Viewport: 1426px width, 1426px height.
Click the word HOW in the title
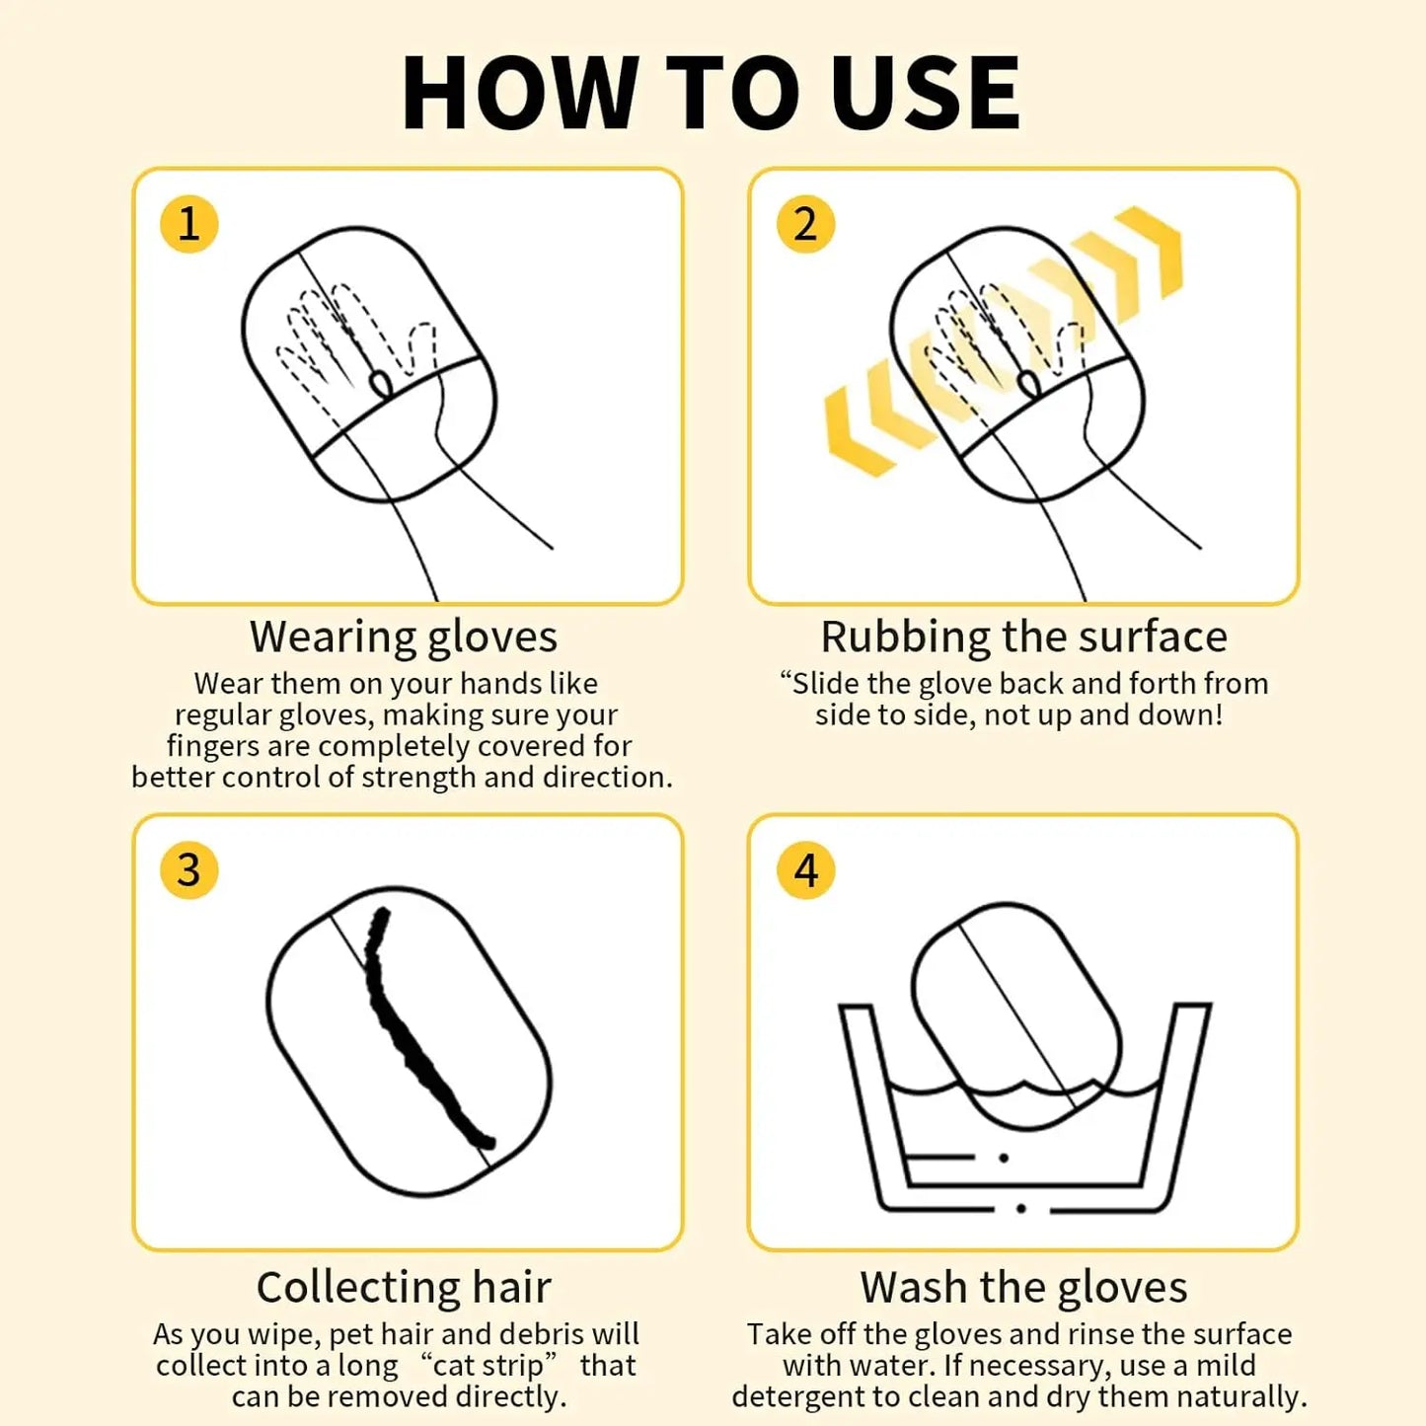[x=519, y=93]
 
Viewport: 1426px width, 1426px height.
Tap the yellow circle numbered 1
[x=188, y=223]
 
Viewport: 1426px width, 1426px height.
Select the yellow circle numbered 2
[x=805, y=223]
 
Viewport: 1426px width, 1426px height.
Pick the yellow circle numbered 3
[x=188, y=869]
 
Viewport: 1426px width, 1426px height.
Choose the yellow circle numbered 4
[x=805, y=869]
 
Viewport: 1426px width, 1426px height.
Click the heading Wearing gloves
[x=404, y=638]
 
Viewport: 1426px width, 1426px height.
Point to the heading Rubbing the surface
[x=1023, y=637]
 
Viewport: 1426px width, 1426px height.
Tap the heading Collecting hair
[x=404, y=1288]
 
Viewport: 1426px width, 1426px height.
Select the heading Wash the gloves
[x=1023, y=1288]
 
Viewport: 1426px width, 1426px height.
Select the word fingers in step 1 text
[x=212, y=747]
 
